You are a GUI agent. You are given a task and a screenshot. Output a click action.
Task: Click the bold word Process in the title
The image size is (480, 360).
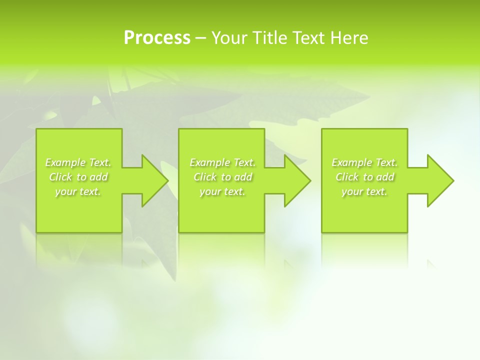[x=157, y=38]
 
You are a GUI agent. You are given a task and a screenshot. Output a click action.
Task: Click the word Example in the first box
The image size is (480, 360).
[x=65, y=162]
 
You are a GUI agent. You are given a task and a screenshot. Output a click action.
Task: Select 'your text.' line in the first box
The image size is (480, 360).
[x=78, y=191]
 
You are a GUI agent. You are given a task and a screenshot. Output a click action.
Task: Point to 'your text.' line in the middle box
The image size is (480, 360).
[x=222, y=191]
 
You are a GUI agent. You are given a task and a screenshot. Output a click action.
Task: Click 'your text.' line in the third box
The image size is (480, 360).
[x=364, y=191]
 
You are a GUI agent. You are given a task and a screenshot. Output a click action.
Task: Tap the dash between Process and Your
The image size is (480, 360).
[x=200, y=38]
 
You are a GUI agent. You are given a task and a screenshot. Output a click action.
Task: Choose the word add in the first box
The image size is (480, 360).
[x=98, y=177]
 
